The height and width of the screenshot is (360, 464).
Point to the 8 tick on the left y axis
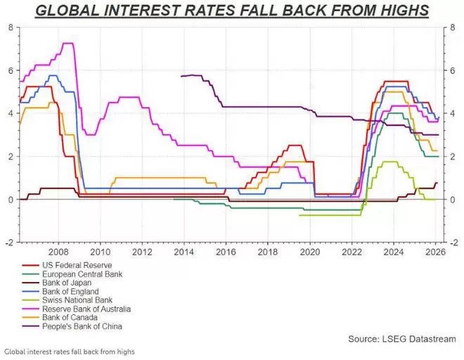pyautogui.click(x=11, y=27)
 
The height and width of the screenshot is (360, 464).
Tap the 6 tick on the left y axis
pyautogui.click(x=11, y=70)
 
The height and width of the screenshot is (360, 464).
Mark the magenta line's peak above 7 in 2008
pyautogui.click(x=67, y=44)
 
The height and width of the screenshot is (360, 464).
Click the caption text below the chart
pyautogui.click(x=69, y=351)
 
